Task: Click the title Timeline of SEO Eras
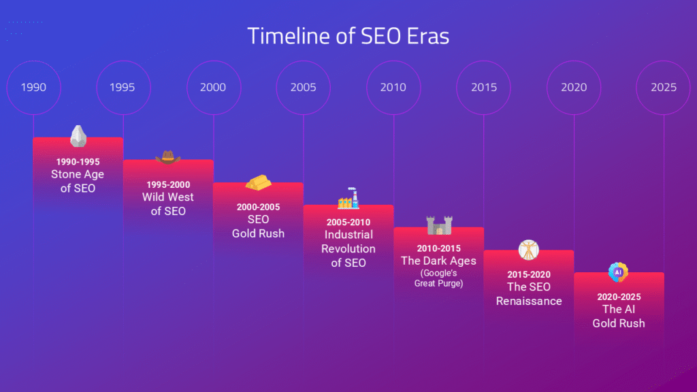348,35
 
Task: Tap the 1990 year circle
33,88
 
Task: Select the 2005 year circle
303,88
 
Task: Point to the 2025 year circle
663,88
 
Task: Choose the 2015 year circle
483,88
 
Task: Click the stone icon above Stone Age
78,136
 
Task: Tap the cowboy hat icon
168,158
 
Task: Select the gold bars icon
258,182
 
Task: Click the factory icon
348,199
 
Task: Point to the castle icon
438,225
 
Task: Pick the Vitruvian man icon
528,250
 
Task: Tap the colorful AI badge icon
618,272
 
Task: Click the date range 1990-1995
78,162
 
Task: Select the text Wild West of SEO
168,204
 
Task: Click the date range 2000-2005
258,207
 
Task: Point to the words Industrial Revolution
348,242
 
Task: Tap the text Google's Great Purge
438,278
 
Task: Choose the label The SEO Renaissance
529,293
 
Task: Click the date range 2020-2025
619,297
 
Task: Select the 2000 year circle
213,88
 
